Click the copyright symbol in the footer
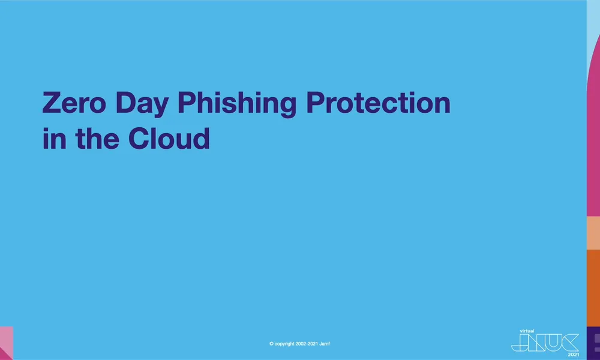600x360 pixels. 272,344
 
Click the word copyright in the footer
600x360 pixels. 285,344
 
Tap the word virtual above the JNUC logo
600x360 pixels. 526,330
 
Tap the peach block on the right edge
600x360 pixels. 593,233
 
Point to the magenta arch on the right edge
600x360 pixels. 594,132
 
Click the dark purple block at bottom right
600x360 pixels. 593,343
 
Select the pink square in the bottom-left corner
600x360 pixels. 6,343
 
